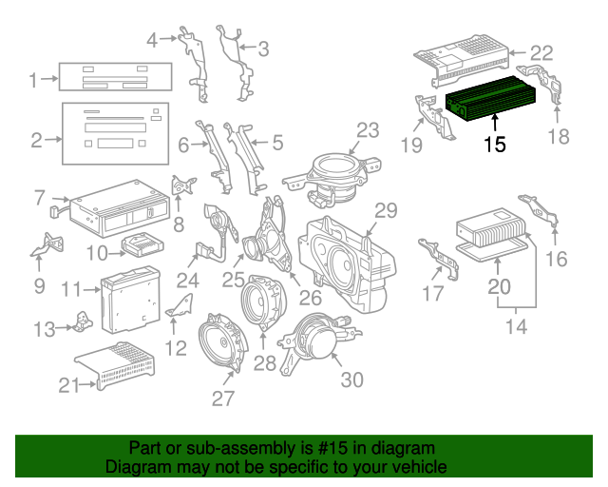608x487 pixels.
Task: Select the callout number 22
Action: (540, 53)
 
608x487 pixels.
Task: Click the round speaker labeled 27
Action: (220, 347)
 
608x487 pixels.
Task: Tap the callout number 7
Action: (39, 197)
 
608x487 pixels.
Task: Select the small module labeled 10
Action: (141, 244)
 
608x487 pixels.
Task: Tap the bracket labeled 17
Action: (441, 259)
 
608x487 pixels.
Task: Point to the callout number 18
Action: (559, 136)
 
